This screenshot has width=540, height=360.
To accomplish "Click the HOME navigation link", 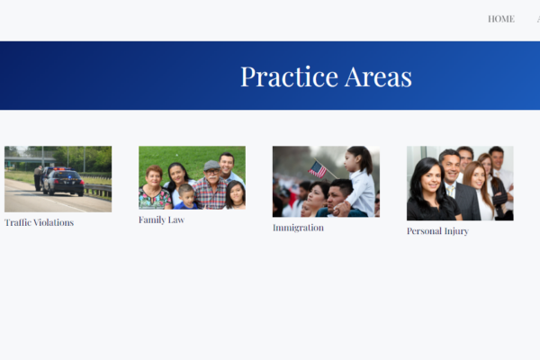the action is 501,19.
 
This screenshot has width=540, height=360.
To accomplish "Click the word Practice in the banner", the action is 289,76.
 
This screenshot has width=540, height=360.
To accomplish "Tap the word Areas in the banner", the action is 378,76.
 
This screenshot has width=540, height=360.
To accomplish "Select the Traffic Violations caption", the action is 39,222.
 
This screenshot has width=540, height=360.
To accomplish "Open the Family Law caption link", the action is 161,220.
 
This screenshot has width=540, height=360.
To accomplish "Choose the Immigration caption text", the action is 298,228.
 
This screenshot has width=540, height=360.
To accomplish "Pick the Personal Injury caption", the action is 437,230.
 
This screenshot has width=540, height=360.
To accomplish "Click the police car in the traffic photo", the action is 63,182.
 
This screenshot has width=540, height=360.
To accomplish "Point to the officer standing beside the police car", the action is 38,178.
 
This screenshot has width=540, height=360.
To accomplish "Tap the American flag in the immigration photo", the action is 318,169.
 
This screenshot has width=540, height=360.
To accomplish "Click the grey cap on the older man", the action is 211,165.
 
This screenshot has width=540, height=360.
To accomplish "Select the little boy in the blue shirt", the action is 186,197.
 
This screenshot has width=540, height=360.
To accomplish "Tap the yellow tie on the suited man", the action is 451,192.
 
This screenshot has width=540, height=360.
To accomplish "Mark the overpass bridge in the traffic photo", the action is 30,159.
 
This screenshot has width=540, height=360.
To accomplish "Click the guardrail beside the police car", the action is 98,190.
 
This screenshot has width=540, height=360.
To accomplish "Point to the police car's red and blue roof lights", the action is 60,169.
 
